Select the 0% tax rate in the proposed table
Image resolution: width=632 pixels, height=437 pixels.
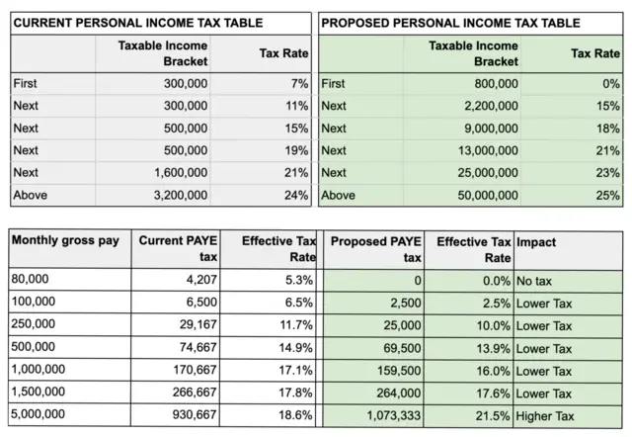[609, 84]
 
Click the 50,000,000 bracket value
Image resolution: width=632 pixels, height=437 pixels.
[484, 195]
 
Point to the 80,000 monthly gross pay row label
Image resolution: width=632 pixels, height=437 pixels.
[31, 281]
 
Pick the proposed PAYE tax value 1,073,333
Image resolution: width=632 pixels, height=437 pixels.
[394, 416]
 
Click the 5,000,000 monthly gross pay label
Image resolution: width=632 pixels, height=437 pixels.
[40, 416]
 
